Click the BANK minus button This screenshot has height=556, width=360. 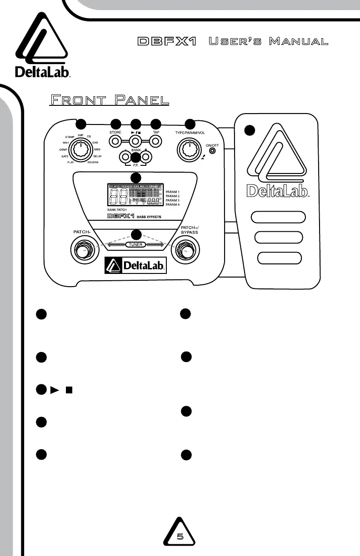(x=125, y=157)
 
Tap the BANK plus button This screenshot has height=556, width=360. (x=145, y=157)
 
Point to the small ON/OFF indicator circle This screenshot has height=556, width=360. (x=213, y=149)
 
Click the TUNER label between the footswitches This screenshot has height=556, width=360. (x=135, y=244)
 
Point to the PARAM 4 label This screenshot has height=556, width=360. (x=173, y=205)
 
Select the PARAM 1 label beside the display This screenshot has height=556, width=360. (x=173, y=192)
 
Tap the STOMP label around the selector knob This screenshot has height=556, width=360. (x=70, y=136)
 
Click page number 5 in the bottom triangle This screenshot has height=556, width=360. (x=180, y=536)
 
